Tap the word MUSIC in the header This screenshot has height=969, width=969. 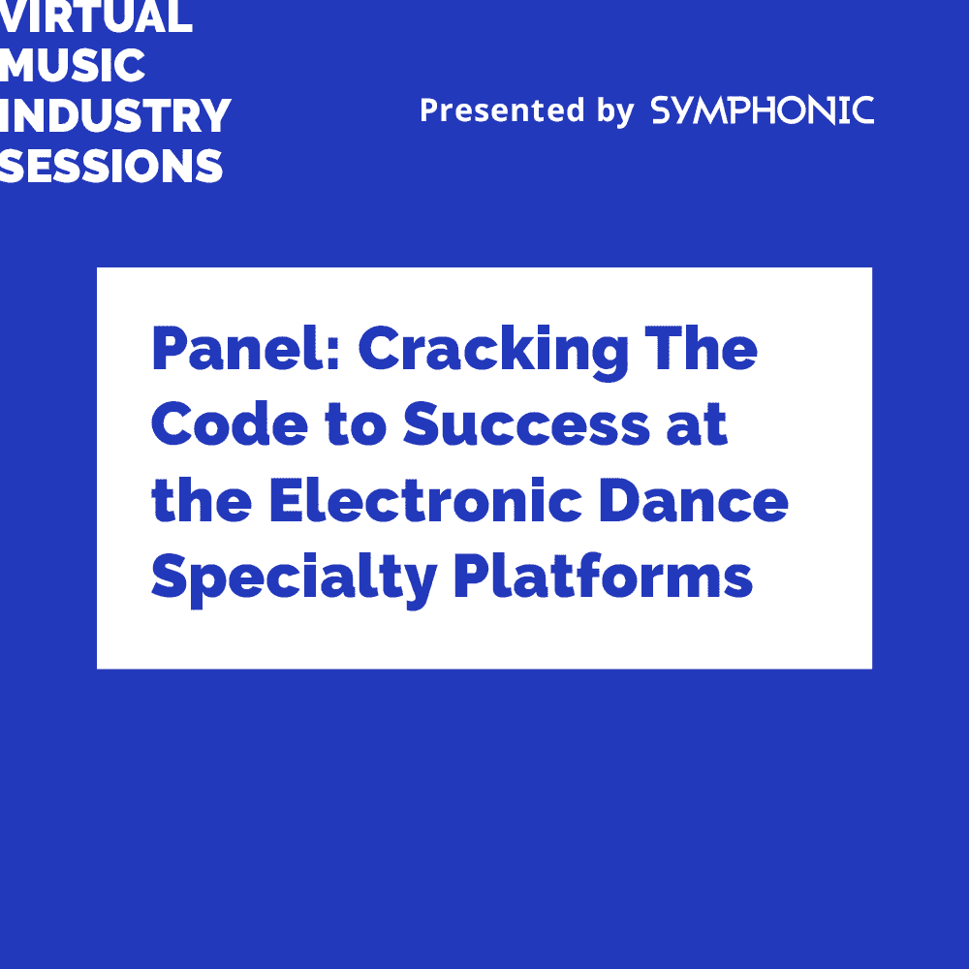click(73, 66)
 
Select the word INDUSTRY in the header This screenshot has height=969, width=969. click(115, 116)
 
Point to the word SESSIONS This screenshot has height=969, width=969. click(111, 167)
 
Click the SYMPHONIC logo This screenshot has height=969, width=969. click(763, 110)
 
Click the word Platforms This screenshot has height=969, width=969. click(603, 577)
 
